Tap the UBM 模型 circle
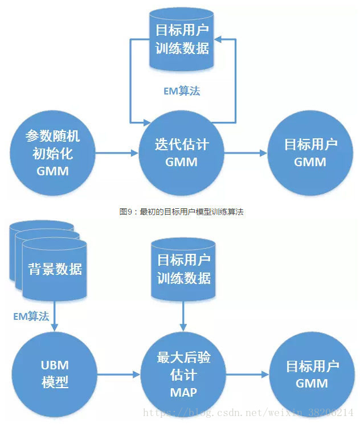(x=55, y=373)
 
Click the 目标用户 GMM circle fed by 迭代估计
(x=310, y=153)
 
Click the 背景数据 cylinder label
(x=55, y=269)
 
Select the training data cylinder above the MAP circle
(x=183, y=269)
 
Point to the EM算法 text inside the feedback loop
(x=181, y=90)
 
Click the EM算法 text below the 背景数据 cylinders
(x=31, y=316)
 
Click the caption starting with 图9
(x=181, y=211)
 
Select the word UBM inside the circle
(x=55, y=364)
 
